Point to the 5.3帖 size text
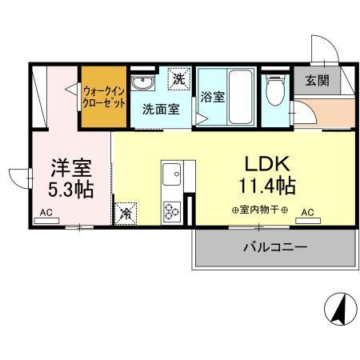pos(71,192)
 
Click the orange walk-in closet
pos(104,97)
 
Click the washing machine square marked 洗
pos(181,79)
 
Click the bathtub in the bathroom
pos(239,97)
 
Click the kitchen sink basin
pos(172,172)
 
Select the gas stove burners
pos(172,210)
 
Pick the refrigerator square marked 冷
pos(126,214)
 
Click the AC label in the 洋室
pos(46,213)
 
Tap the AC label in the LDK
pos(308,213)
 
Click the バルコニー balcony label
pos(275,248)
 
